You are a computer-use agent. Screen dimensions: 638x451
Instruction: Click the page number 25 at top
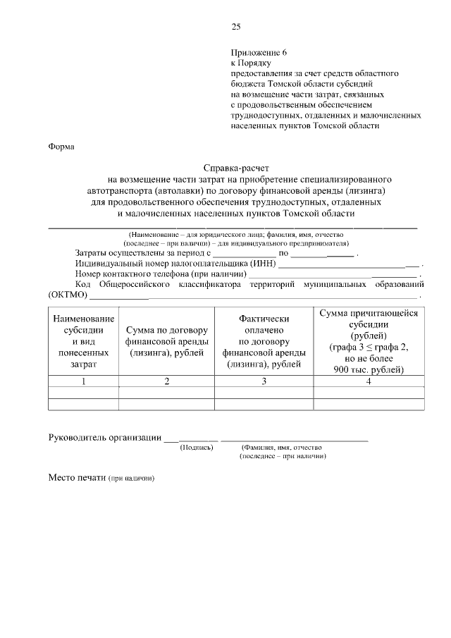pos(236,27)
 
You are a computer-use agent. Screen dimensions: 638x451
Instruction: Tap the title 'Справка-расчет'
pos(236,168)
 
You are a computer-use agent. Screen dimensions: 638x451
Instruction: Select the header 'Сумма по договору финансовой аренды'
pos(166,341)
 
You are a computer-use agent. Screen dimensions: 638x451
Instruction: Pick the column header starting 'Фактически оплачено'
pos(264,341)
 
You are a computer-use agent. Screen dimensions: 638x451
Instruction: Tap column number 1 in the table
pos(83,381)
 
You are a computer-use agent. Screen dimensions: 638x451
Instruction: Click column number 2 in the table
pos(166,381)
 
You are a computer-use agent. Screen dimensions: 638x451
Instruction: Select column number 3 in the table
pos(264,381)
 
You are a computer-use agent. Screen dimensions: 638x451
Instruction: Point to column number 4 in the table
pos(369,381)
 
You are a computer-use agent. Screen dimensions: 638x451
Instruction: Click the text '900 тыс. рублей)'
pos(369,369)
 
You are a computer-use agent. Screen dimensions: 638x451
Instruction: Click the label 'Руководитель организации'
pos(104,437)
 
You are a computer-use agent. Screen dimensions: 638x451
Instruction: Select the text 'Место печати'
pos(77,477)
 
